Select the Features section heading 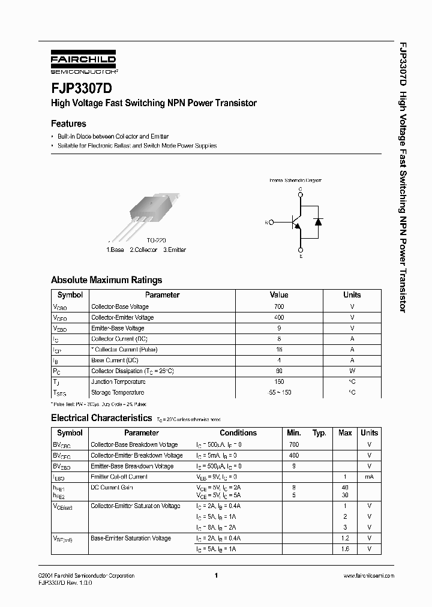68,124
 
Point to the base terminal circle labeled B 272,222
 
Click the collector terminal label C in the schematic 301,189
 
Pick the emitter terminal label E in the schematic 301,256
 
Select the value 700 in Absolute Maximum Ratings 279,306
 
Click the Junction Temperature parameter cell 118,381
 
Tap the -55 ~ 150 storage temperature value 279,392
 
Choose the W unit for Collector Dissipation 352,371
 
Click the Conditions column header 238,432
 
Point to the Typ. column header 319,432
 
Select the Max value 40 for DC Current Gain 345,488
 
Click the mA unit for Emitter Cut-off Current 369,477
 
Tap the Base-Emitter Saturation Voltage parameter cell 130,539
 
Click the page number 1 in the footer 215,576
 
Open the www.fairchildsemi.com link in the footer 368,576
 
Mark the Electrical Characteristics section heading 101,418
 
